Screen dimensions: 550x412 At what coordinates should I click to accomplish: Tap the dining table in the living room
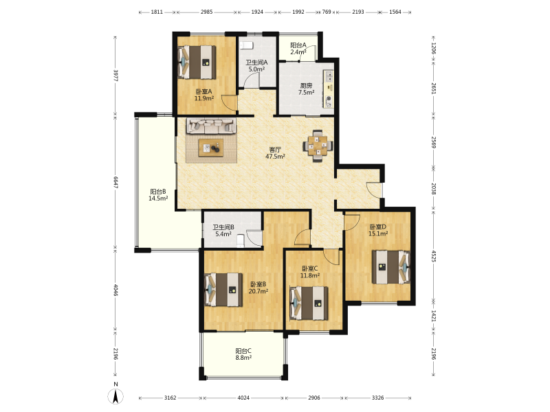[x=318, y=146]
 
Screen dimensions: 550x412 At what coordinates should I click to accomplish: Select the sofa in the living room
[x=211, y=126]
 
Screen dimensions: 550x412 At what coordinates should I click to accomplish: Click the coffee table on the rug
[x=211, y=148]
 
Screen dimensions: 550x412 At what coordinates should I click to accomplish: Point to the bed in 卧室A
[x=197, y=62]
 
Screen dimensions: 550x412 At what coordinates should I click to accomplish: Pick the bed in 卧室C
[x=309, y=304]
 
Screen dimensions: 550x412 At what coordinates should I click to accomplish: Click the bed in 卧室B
[x=223, y=290]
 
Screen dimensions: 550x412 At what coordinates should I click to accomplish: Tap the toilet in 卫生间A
[x=246, y=45]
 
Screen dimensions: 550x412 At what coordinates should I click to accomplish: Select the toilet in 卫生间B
[x=240, y=241]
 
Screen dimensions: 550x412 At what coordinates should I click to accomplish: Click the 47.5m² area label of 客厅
[x=275, y=157]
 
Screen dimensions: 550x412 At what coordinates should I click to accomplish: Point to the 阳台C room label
[x=243, y=351]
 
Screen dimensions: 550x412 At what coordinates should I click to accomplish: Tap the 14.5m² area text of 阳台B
[x=158, y=198]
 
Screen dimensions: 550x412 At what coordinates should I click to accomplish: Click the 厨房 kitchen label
[x=306, y=85]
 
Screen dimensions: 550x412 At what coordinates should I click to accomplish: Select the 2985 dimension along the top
[x=207, y=12]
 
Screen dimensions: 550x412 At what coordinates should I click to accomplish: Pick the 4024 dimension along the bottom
[x=243, y=398]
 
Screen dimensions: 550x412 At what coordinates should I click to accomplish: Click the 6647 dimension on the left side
[x=115, y=182]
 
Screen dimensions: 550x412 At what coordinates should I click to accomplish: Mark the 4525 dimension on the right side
[x=434, y=256]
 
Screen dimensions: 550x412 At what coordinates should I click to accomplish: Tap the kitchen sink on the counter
[x=329, y=76]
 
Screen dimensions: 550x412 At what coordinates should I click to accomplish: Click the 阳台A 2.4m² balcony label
[x=298, y=49]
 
